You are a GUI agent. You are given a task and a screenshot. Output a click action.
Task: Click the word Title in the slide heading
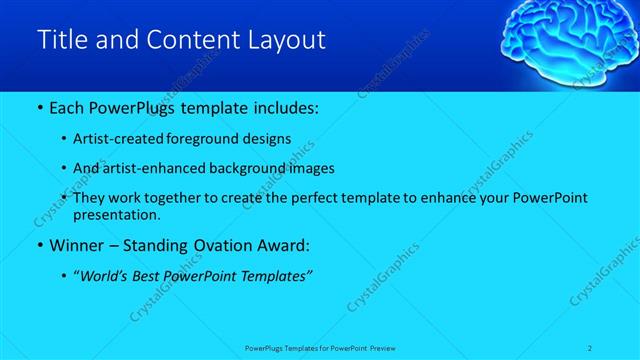[x=59, y=40]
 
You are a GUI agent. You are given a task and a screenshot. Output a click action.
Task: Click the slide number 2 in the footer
[x=590, y=347]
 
